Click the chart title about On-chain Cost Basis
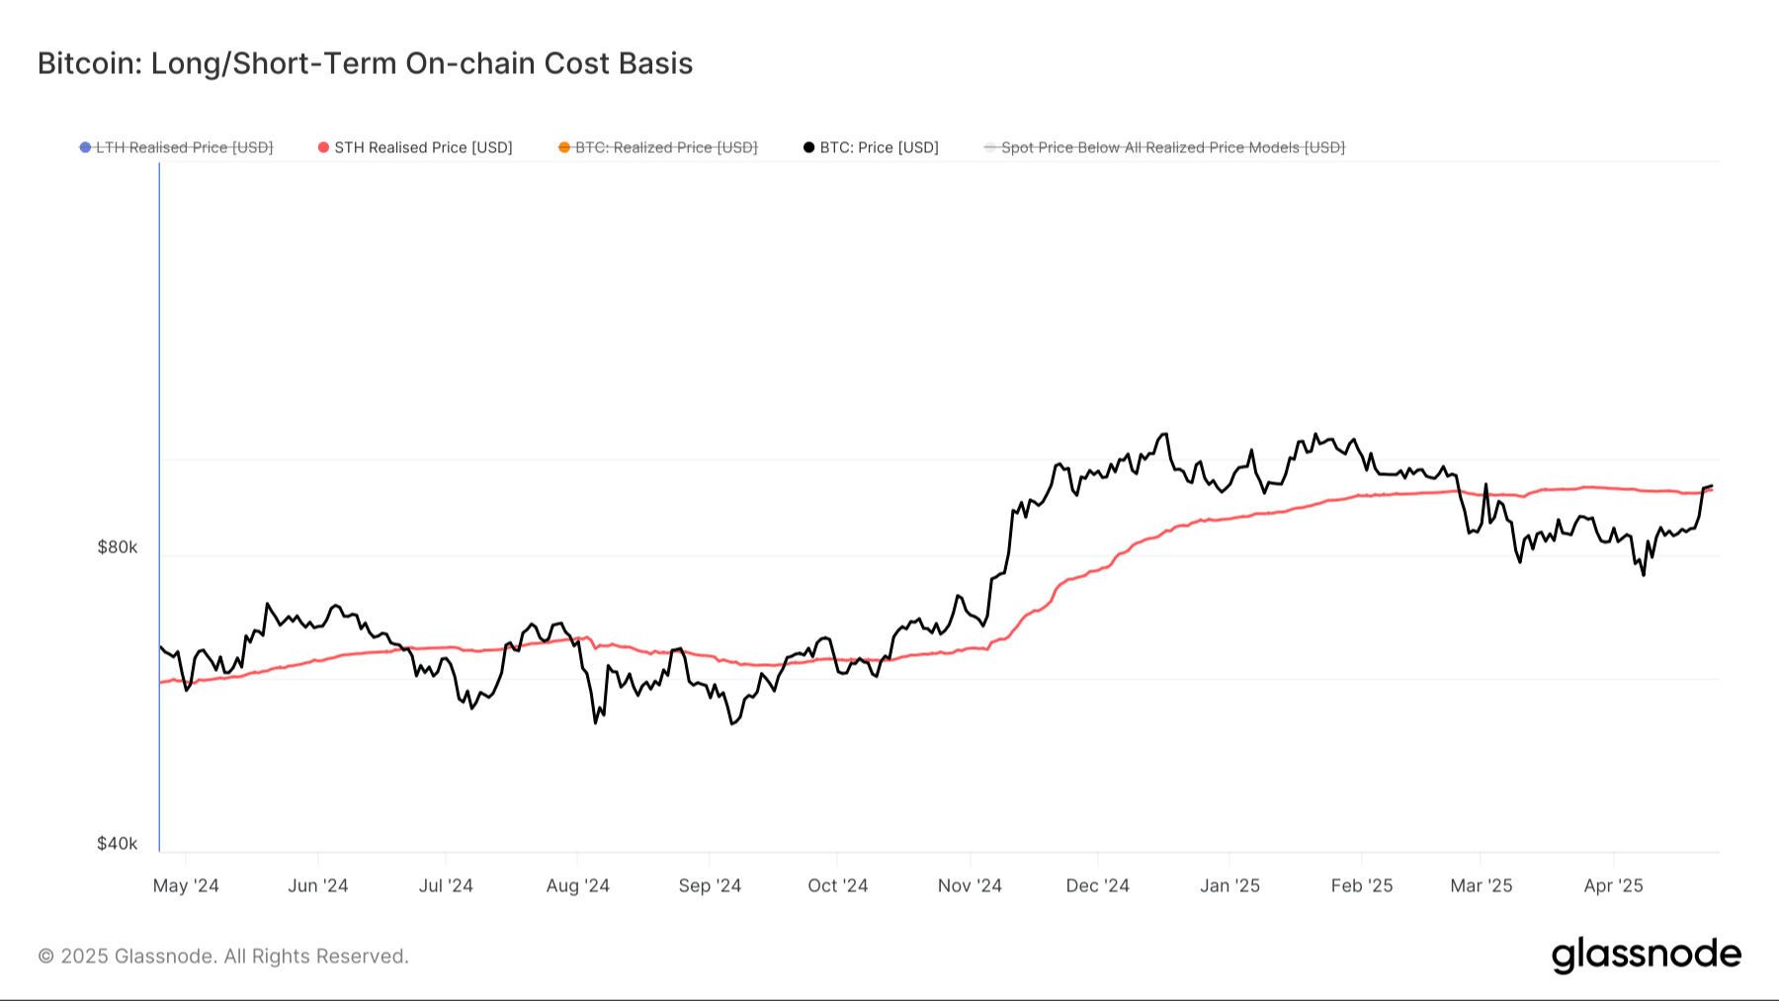click(x=365, y=63)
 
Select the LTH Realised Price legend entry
click(x=184, y=147)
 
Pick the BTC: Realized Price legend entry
click(x=665, y=147)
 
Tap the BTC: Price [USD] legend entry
click(x=879, y=147)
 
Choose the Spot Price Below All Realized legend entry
click(x=1172, y=147)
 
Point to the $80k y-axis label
click(x=117, y=547)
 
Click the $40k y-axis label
click(x=117, y=843)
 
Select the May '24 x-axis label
click(x=186, y=885)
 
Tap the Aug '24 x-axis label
click(x=578, y=885)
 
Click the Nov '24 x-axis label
click(x=970, y=885)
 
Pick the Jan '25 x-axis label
click(x=1229, y=885)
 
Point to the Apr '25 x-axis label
click(x=1613, y=885)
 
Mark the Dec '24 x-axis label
click(x=1097, y=885)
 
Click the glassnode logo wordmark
click(x=1646, y=955)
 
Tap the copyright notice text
click(x=223, y=957)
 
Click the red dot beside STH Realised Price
click(x=323, y=147)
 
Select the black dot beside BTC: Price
click(x=808, y=147)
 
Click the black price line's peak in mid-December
click(x=1164, y=434)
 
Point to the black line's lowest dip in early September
click(x=732, y=724)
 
